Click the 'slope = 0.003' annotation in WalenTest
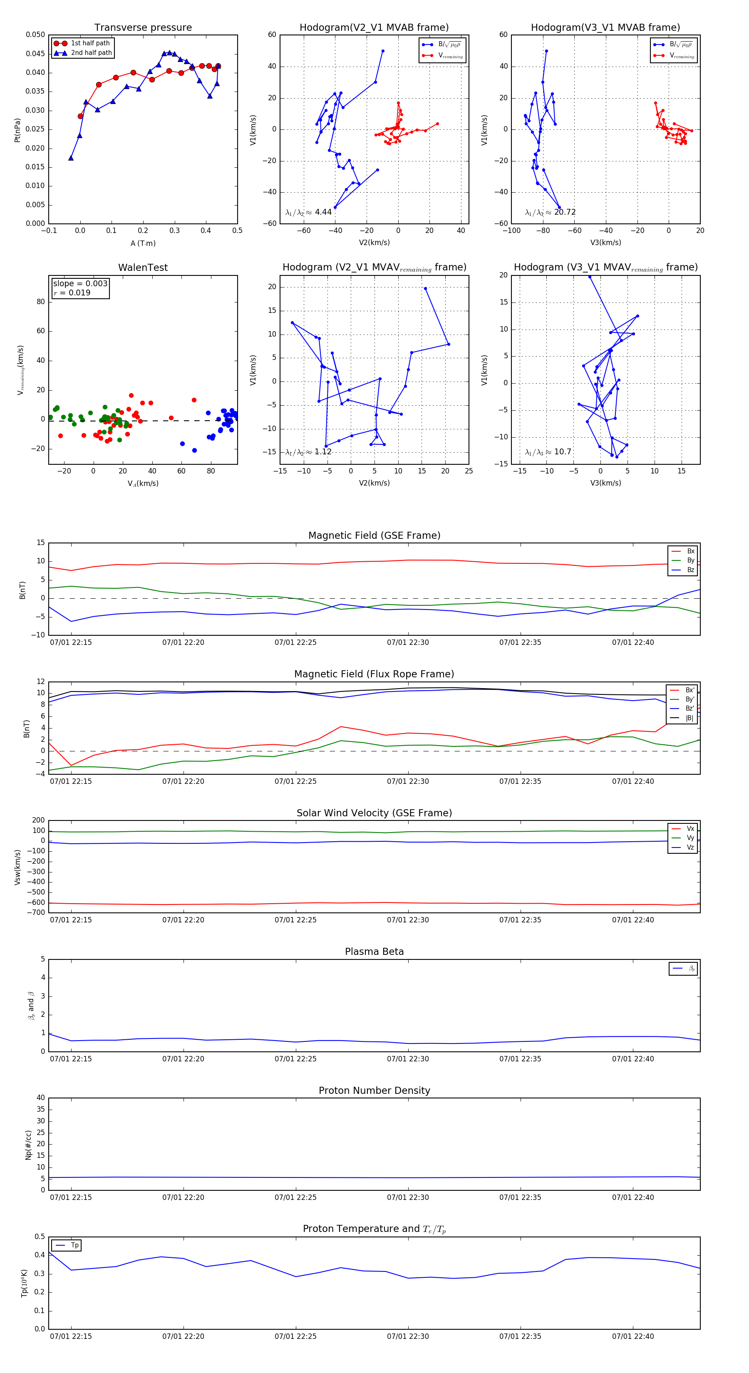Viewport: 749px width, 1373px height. (80, 284)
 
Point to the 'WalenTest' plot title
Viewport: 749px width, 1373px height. (143, 268)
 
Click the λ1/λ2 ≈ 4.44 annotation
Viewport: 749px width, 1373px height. (309, 212)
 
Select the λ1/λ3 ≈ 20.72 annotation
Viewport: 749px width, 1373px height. (550, 212)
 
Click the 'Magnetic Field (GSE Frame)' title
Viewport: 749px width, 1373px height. (374, 535)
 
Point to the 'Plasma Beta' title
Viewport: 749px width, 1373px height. (374, 952)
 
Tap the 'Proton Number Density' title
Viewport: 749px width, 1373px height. (374, 1090)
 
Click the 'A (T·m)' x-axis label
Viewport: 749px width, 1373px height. (143, 243)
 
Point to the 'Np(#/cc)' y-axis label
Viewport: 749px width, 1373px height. (28, 1144)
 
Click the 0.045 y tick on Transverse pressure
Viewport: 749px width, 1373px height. (35, 54)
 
